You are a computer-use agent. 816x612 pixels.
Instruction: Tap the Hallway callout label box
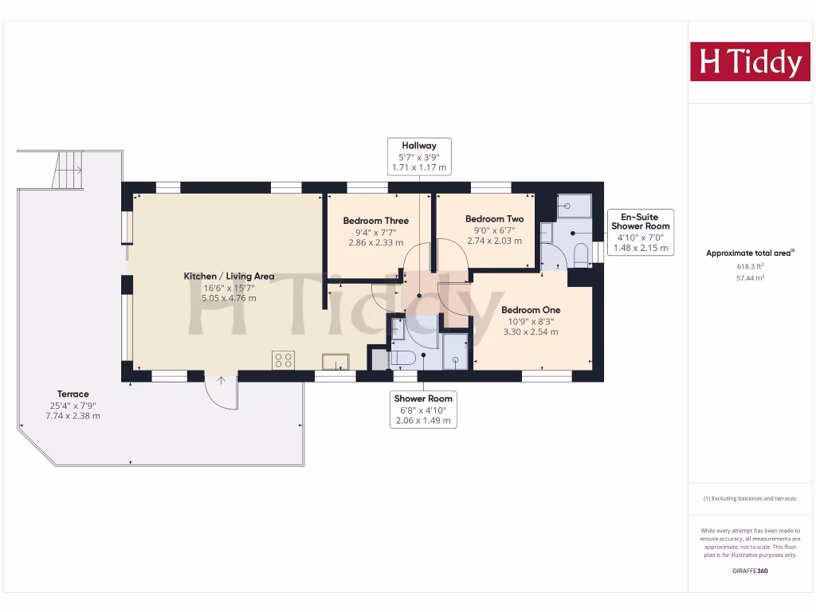419,157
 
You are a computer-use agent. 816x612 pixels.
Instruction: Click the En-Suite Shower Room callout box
640,232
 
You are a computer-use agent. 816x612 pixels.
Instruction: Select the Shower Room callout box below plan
423,409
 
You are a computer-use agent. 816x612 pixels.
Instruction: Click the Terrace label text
73,394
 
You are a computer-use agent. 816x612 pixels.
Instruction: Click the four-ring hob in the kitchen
283,360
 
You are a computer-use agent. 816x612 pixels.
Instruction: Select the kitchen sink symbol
335,362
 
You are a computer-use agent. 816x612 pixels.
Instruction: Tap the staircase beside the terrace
69,169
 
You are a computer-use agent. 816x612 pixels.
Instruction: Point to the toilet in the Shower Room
402,359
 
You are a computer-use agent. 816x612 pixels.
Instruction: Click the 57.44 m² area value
749,279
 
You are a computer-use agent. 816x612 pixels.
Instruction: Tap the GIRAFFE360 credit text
749,571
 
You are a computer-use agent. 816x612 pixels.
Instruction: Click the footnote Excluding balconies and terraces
749,499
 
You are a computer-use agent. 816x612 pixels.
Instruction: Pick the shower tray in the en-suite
574,206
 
